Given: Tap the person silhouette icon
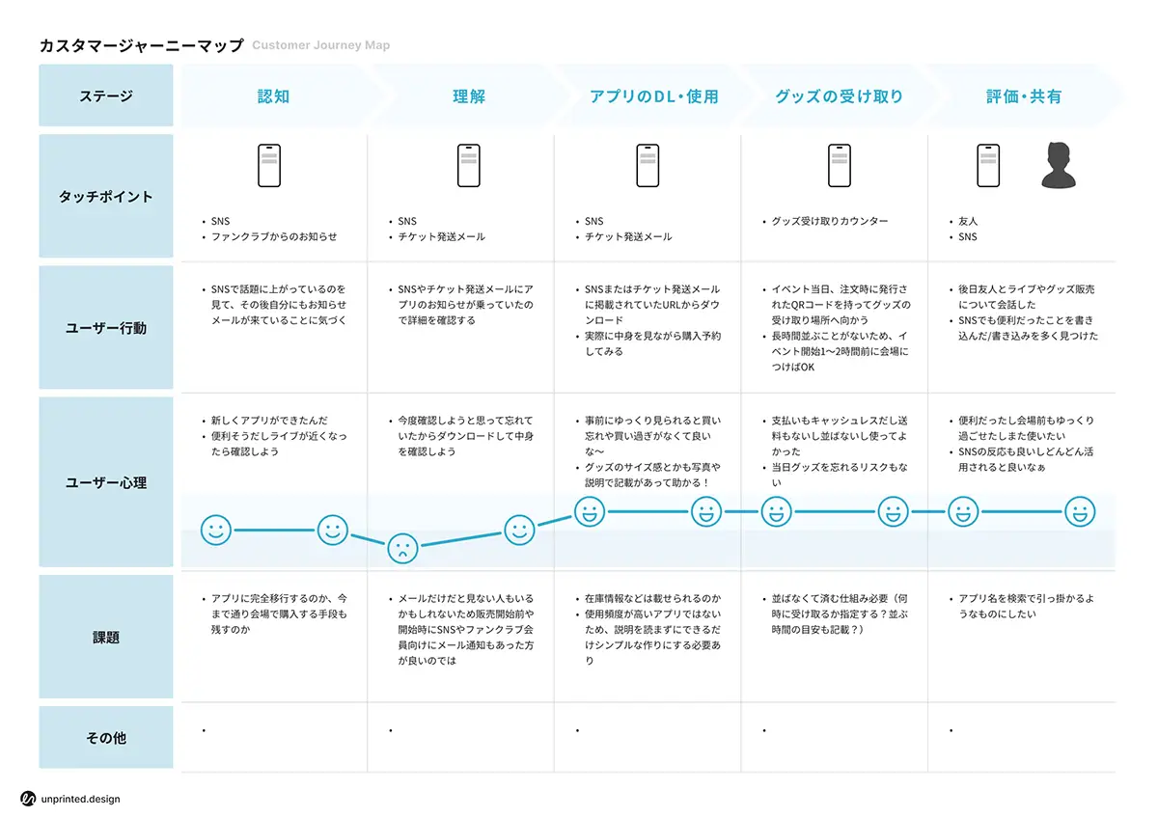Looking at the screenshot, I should click(1058, 166).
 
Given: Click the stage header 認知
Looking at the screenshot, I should click(273, 96).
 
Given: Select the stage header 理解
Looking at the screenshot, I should click(468, 96).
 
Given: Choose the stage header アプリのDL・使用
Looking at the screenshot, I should click(653, 96).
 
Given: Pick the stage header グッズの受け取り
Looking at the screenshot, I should click(839, 96).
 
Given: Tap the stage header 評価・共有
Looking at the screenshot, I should click(1024, 96).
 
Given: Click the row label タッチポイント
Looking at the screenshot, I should click(106, 197).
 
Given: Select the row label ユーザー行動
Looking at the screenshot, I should click(106, 328).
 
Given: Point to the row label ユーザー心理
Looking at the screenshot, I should click(106, 482).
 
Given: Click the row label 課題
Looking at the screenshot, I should click(106, 638).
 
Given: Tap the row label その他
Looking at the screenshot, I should click(106, 738).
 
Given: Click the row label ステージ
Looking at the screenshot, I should click(106, 96).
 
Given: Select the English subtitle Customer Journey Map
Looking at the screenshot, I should click(320, 45).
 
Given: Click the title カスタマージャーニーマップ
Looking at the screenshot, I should click(141, 45).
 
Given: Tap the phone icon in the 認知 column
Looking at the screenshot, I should click(269, 166).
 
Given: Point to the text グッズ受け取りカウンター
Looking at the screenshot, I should click(830, 222).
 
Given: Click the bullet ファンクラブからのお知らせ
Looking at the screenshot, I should click(274, 237).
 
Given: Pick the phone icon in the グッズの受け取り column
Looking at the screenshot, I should click(840, 166).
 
